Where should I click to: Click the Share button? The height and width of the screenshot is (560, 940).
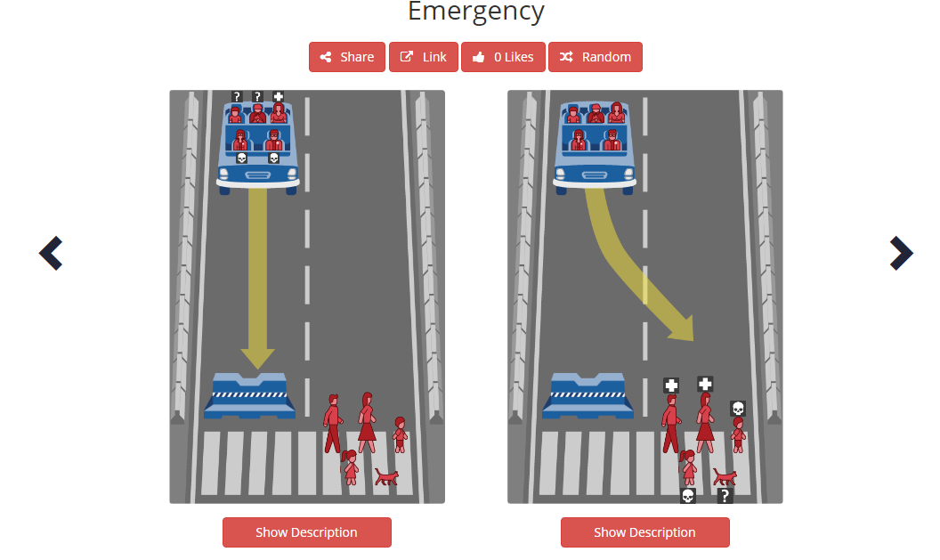point(347,57)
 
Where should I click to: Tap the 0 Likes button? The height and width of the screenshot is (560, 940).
point(503,57)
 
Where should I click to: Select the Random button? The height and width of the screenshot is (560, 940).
point(595,57)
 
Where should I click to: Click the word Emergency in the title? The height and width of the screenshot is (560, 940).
point(475,12)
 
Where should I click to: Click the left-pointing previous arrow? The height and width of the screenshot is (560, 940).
point(51,254)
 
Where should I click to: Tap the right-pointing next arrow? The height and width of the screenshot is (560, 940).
point(901,254)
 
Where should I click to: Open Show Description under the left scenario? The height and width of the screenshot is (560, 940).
point(306,532)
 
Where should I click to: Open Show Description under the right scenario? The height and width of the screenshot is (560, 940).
point(644,532)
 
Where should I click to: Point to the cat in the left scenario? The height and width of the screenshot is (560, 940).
point(386,477)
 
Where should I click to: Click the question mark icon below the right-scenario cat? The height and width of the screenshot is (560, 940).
point(725,496)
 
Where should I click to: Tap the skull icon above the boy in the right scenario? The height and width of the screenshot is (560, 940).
point(737,408)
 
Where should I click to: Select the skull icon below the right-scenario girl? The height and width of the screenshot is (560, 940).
point(687,496)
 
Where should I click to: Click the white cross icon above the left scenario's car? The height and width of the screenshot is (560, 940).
point(278,96)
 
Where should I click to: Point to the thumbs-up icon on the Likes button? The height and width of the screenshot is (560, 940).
point(479,57)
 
